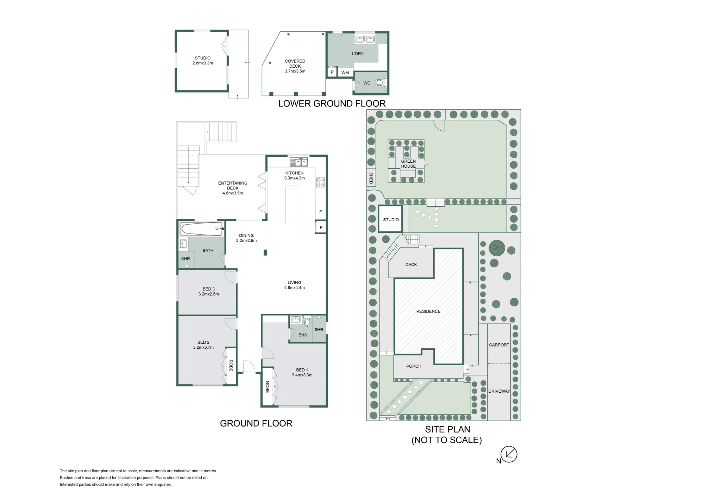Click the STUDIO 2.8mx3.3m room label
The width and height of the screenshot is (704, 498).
(x=203, y=61)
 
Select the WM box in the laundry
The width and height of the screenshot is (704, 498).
(x=345, y=73)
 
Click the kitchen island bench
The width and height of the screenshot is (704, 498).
(x=293, y=204)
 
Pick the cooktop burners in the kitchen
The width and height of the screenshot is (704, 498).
(x=320, y=182)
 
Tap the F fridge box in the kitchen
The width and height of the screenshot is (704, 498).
(x=320, y=212)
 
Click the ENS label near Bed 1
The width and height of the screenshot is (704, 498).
(x=303, y=335)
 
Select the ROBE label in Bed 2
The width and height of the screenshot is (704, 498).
(x=231, y=366)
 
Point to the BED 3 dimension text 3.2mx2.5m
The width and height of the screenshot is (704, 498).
(x=209, y=294)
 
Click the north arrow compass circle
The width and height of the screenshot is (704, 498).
(x=509, y=454)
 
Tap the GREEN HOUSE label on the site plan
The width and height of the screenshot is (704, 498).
(x=408, y=164)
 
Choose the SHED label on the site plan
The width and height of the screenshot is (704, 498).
(x=371, y=178)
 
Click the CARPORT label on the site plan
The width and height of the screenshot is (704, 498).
(x=499, y=345)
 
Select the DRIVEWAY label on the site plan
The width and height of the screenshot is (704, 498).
(x=499, y=391)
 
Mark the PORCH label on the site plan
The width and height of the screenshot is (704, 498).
(x=414, y=366)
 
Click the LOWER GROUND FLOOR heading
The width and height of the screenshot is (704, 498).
(x=332, y=104)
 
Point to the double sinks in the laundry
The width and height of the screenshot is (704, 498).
(x=365, y=39)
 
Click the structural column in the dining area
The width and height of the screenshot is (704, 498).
(x=265, y=253)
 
